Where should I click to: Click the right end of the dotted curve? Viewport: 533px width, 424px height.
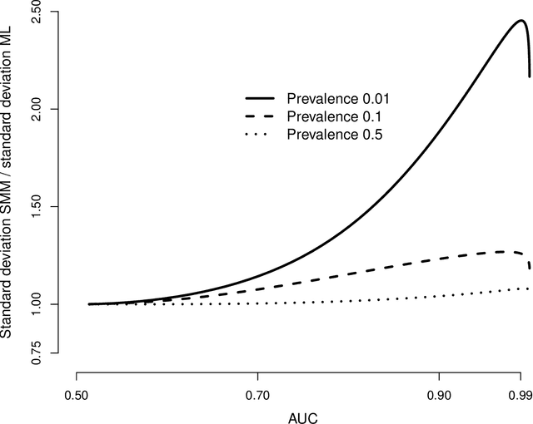pyautogui.click(x=529, y=288)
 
